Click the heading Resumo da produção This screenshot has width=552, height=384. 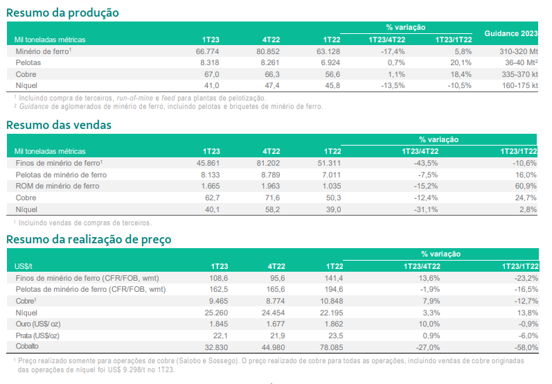[x=62, y=12]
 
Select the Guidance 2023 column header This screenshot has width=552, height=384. [x=511, y=33]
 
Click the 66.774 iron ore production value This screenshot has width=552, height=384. [x=207, y=51]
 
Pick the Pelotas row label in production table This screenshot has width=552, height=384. [x=29, y=62]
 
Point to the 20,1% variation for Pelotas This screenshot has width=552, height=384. [x=461, y=62]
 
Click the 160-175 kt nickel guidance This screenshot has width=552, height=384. [x=517, y=85]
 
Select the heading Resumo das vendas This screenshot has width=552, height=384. [x=59, y=125]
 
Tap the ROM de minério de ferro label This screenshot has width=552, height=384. [x=57, y=186]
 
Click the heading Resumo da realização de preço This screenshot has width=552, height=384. [x=89, y=240]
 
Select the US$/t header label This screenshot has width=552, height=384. [x=24, y=265]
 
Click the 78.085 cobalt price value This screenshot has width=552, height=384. [x=329, y=346]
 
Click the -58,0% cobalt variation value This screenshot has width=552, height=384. [x=525, y=346]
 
